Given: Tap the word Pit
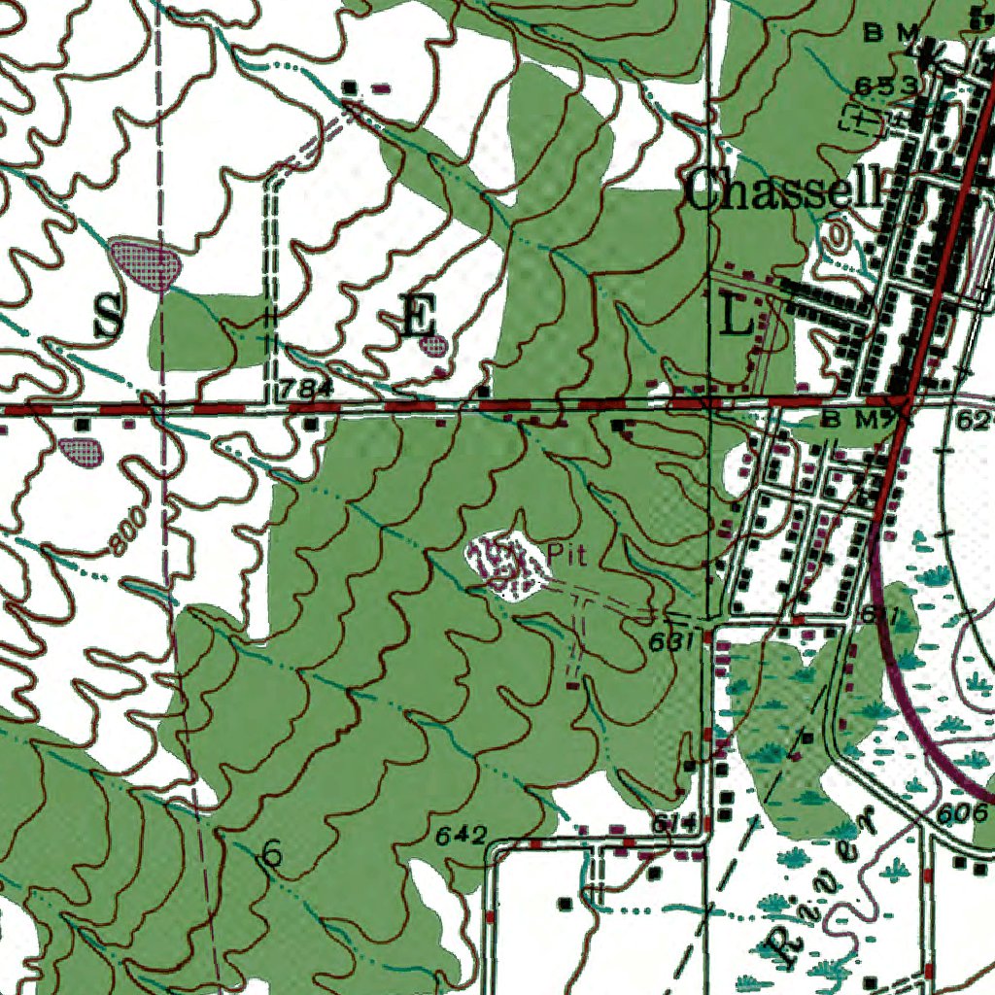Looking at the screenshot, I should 566,553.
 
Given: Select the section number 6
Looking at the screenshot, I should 273,855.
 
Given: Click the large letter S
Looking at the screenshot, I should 108,318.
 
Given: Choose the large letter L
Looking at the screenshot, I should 738,318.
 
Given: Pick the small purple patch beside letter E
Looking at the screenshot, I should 438,345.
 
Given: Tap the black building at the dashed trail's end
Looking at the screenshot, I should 350,88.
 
